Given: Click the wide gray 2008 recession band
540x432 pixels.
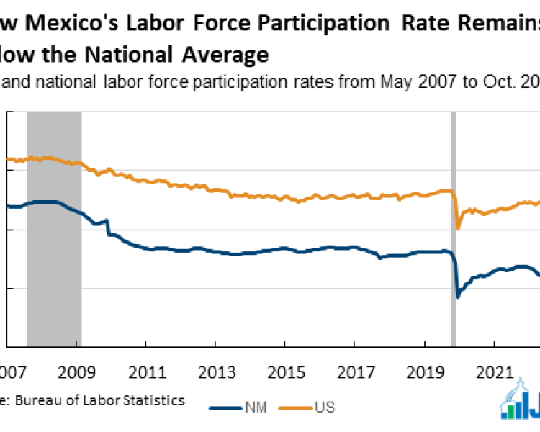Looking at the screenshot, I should click(54, 230).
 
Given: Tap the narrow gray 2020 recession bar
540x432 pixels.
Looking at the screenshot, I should click(454, 230).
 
